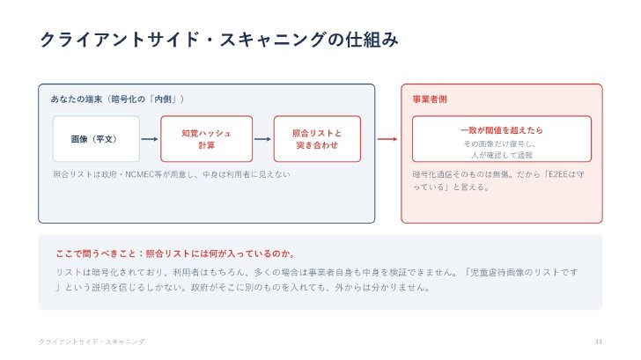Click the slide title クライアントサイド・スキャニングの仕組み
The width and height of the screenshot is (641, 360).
(x=218, y=40)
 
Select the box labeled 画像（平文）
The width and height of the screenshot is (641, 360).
(x=96, y=139)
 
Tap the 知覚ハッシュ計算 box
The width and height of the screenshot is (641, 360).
(x=206, y=139)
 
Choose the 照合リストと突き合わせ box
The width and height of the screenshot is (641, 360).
(x=317, y=139)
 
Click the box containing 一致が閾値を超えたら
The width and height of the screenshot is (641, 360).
(x=502, y=139)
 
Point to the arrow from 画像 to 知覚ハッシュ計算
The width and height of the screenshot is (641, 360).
(x=150, y=139)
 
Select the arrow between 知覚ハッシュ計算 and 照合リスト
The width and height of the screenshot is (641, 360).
(x=262, y=139)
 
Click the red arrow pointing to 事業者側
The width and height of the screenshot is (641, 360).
(x=387, y=139)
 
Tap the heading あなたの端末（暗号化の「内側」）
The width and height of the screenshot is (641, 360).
(x=117, y=99)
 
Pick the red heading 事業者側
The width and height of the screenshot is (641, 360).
(x=430, y=99)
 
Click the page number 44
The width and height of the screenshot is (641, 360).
(x=599, y=342)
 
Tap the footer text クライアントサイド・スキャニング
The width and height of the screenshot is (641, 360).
(x=92, y=342)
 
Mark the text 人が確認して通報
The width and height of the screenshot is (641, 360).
(x=502, y=155)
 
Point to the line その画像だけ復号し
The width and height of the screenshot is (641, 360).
(x=499, y=143)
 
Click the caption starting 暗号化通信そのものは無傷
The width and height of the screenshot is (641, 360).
(x=498, y=180)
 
